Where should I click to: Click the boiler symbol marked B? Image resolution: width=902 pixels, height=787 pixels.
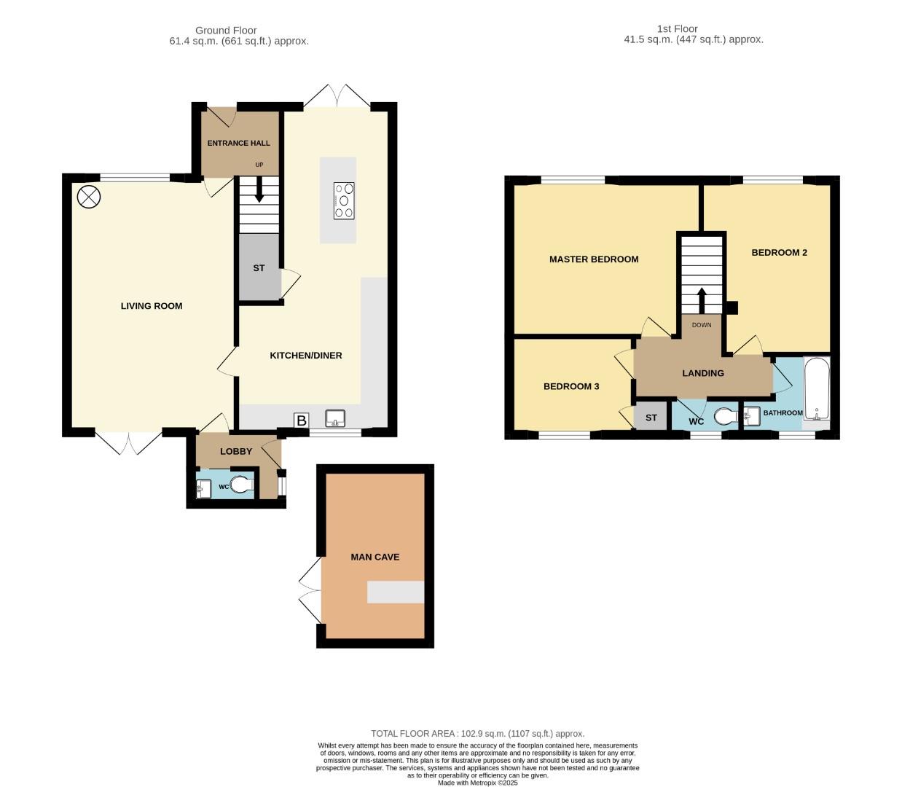point(302,420)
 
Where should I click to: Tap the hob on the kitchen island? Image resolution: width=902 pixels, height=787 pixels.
point(344,200)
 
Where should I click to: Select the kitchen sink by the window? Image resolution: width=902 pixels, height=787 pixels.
point(335,418)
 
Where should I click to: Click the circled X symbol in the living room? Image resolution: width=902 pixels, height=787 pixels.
point(89,197)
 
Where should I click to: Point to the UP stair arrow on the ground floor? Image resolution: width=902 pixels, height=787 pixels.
point(259,189)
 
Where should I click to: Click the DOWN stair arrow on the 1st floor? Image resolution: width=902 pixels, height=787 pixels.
point(701,301)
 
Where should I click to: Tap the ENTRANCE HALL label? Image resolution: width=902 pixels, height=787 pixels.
point(238,144)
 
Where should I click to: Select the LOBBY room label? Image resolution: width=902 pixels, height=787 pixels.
point(236,452)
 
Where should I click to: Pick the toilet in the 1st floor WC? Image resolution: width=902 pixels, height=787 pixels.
point(726,416)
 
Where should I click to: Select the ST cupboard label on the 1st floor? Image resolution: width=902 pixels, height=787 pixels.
point(651,418)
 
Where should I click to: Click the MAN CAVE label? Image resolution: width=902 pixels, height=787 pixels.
point(375,557)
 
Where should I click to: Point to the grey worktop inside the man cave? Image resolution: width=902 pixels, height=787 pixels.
point(396,592)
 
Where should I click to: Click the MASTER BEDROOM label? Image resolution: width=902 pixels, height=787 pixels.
point(594,259)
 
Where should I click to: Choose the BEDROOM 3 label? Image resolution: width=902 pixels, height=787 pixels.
point(571,387)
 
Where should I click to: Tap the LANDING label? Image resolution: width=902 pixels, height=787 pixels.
point(703,373)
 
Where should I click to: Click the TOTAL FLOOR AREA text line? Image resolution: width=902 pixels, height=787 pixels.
point(477,734)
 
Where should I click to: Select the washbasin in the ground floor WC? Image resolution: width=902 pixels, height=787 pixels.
point(203,488)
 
